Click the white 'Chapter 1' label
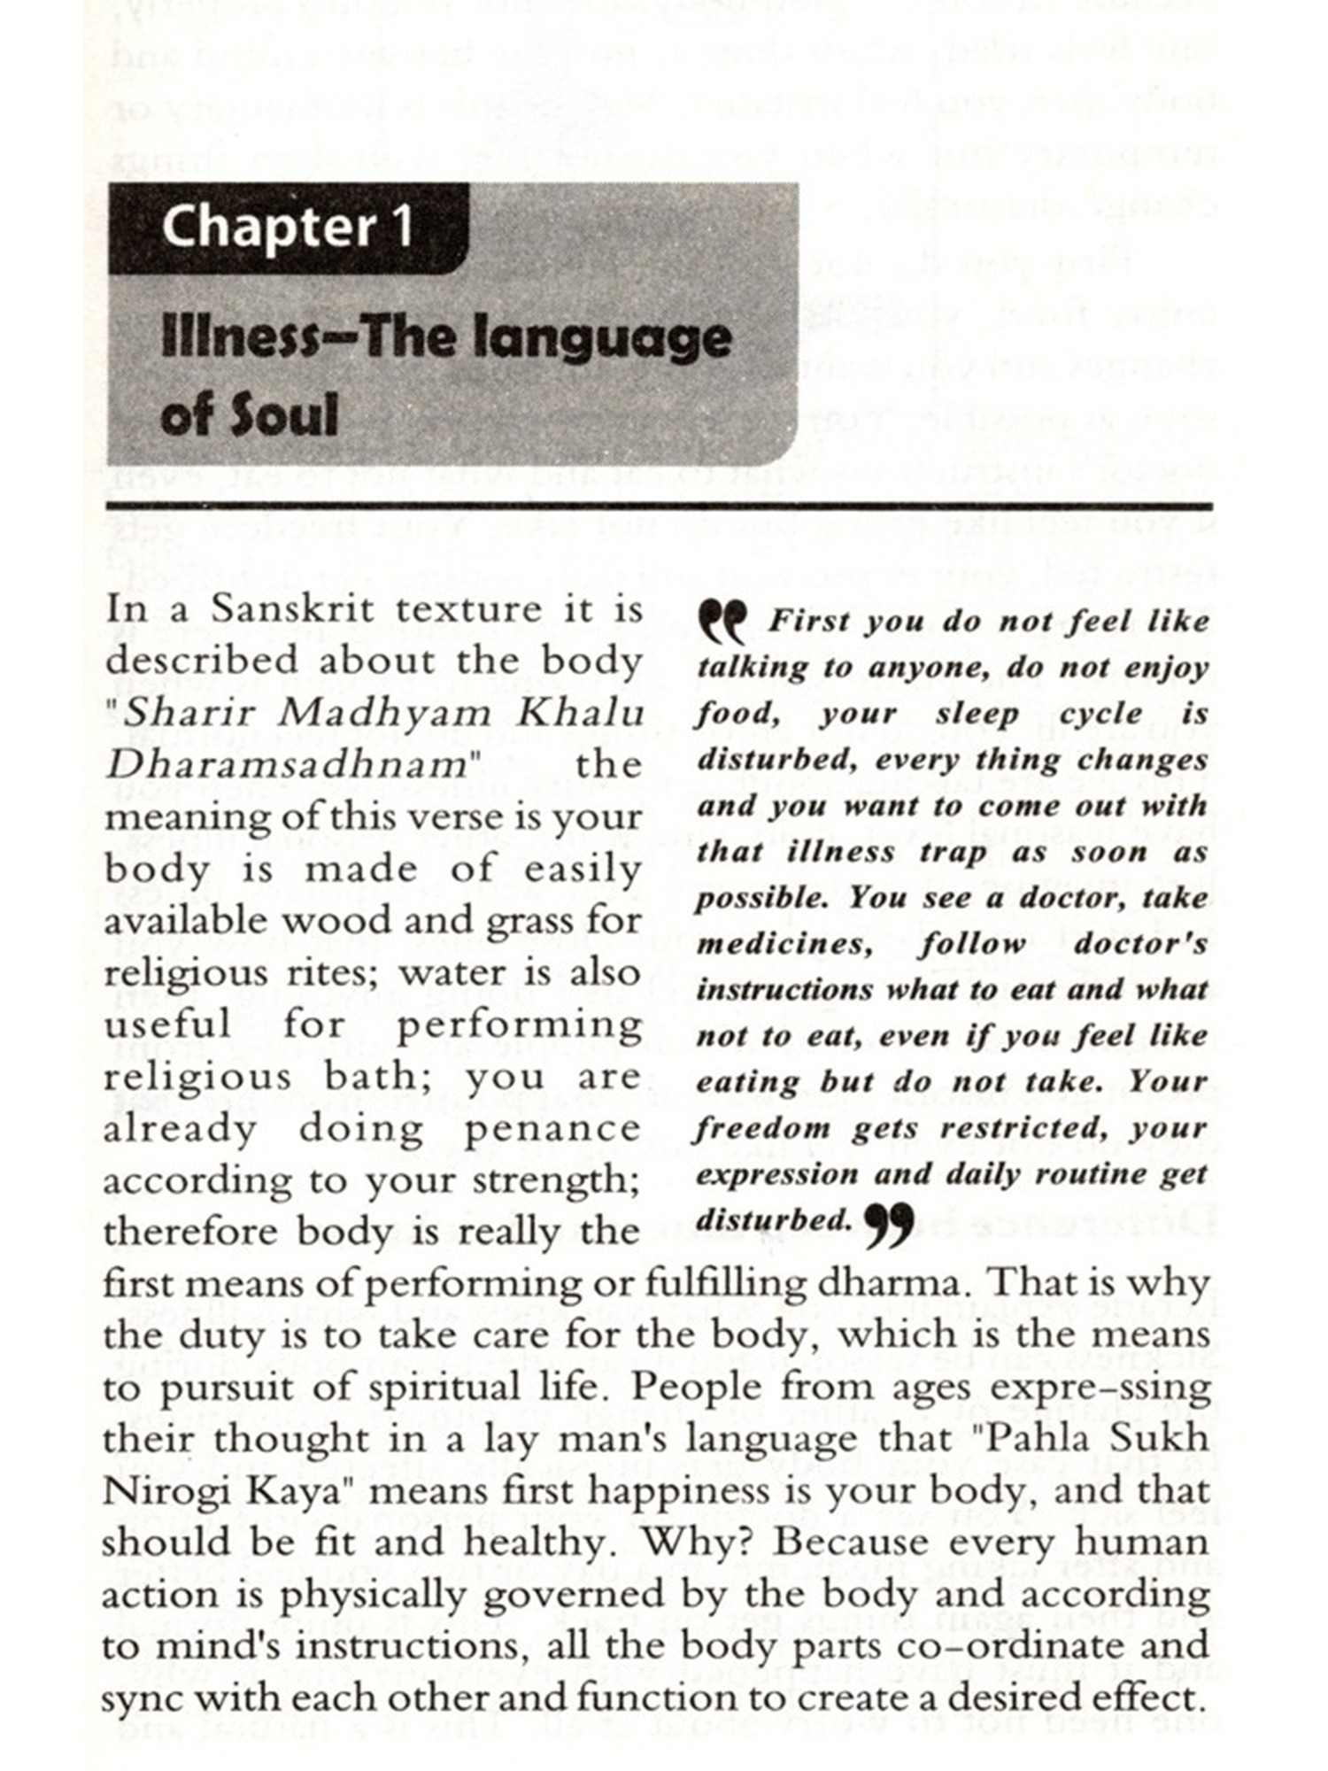[x=288, y=227]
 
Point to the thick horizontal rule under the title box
[x=660, y=507]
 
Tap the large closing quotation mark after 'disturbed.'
[x=887, y=1226]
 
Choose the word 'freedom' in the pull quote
[x=762, y=1129]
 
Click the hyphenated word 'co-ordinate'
[x=1003, y=1646]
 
